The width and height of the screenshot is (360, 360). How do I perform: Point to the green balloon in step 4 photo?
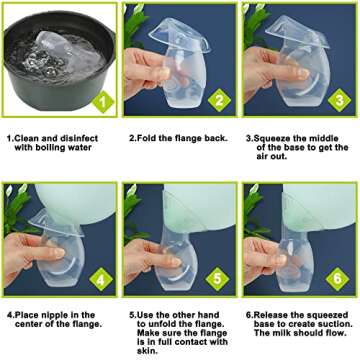click(70, 205)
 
